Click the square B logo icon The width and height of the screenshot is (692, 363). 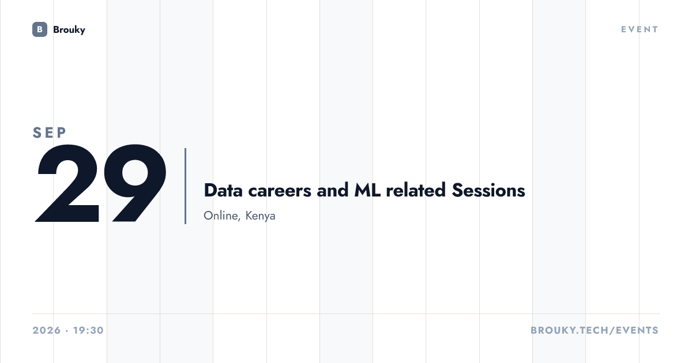pyautogui.click(x=40, y=29)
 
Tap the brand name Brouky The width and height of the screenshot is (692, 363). pyautogui.click(x=69, y=30)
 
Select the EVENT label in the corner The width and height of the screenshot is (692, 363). pyautogui.click(x=640, y=29)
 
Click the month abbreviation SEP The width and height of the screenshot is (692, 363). pyautogui.click(x=50, y=133)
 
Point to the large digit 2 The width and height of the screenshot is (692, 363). pyautogui.click(x=67, y=183)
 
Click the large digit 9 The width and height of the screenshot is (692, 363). pyautogui.click(x=135, y=183)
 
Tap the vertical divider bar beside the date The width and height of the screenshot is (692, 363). pyautogui.click(x=185, y=186)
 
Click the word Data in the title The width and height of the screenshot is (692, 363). pyautogui.click(x=223, y=190)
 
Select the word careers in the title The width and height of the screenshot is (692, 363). pyautogui.click(x=280, y=191)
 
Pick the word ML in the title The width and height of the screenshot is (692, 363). pyautogui.click(x=367, y=190)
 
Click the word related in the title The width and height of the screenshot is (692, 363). pyautogui.click(x=416, y=190)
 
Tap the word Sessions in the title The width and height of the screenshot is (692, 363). pyautogui.click(x=488, y=190)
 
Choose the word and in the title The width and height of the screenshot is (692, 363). pyautogui.click(x=332, y=190)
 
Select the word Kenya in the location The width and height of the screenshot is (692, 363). pyautogui.click(x=260, y=215)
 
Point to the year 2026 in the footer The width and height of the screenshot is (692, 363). pyautogui.click(x=47, y=330)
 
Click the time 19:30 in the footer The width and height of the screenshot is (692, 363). pyautogui.click(x=88, y=330)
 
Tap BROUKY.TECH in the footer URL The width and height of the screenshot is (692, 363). pyautogui.click(x=569, y=330)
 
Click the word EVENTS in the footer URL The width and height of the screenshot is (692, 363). pyautogui.click(x=637, y=330)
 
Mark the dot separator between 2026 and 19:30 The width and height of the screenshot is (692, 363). pyautogui.click(x=67, y=331)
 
